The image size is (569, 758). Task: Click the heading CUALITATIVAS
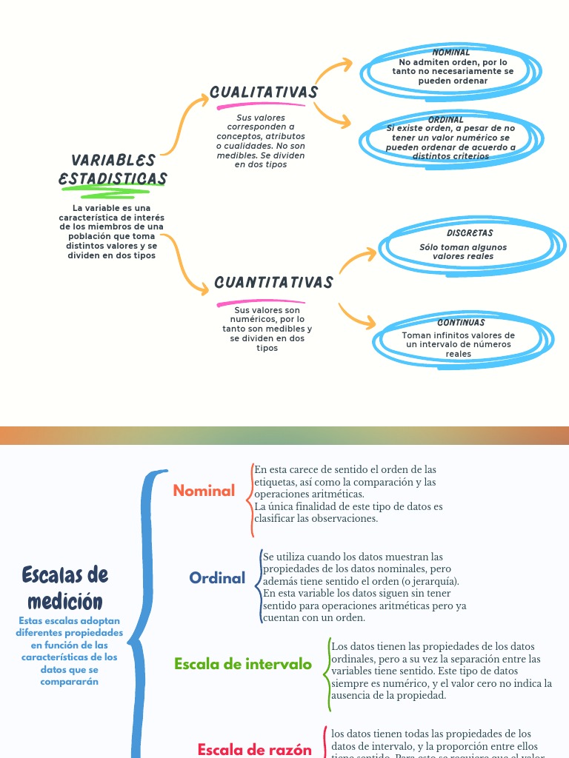264,93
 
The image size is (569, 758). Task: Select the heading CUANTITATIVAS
273,283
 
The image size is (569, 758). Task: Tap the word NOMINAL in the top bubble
451,53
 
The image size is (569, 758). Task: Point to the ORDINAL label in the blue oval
446,119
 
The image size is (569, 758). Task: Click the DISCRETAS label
470,233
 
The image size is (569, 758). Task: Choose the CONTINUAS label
461,323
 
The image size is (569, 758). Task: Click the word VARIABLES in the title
113,161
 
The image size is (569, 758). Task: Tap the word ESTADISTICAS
113,179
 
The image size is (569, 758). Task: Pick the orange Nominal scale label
204,491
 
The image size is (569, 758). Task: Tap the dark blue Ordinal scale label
217,578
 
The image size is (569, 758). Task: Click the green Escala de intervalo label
243,664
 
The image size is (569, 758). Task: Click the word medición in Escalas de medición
65,600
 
